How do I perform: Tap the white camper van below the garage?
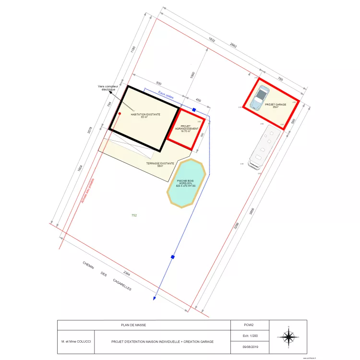[x=264, y=146]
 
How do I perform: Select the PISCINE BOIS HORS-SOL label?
[x=186, y=183]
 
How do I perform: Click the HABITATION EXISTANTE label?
[x=145, y=115]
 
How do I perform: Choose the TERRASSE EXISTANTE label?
[x=160, y=164]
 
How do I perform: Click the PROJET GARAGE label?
[x=275, y=105]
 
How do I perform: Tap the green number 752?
[x=134, y=216]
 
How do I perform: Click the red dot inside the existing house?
[x=120, y=114]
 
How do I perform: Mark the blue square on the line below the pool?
[x=172, y=257]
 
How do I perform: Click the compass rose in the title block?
[x=288, y=337]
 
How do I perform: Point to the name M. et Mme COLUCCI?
[x=76, y=342]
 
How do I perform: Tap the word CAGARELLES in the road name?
[x=122, y=286]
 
